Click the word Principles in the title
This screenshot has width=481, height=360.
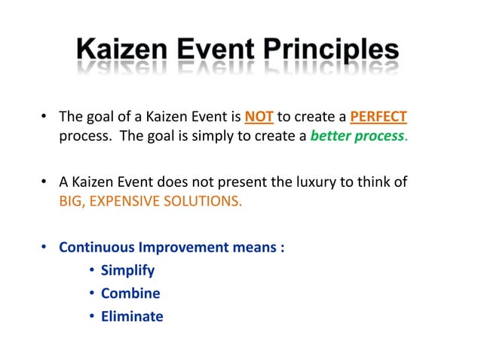point(329,51)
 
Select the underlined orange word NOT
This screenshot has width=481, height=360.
point(259,117)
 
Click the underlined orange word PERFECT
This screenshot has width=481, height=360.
point(378,117)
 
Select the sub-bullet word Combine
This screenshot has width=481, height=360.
point(130,294)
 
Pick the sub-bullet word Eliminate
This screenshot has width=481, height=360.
point(132,316)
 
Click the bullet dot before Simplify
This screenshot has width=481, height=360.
point(91,271)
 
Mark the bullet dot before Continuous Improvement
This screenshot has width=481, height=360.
point(44,248)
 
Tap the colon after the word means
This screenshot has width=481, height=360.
point(281,248)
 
